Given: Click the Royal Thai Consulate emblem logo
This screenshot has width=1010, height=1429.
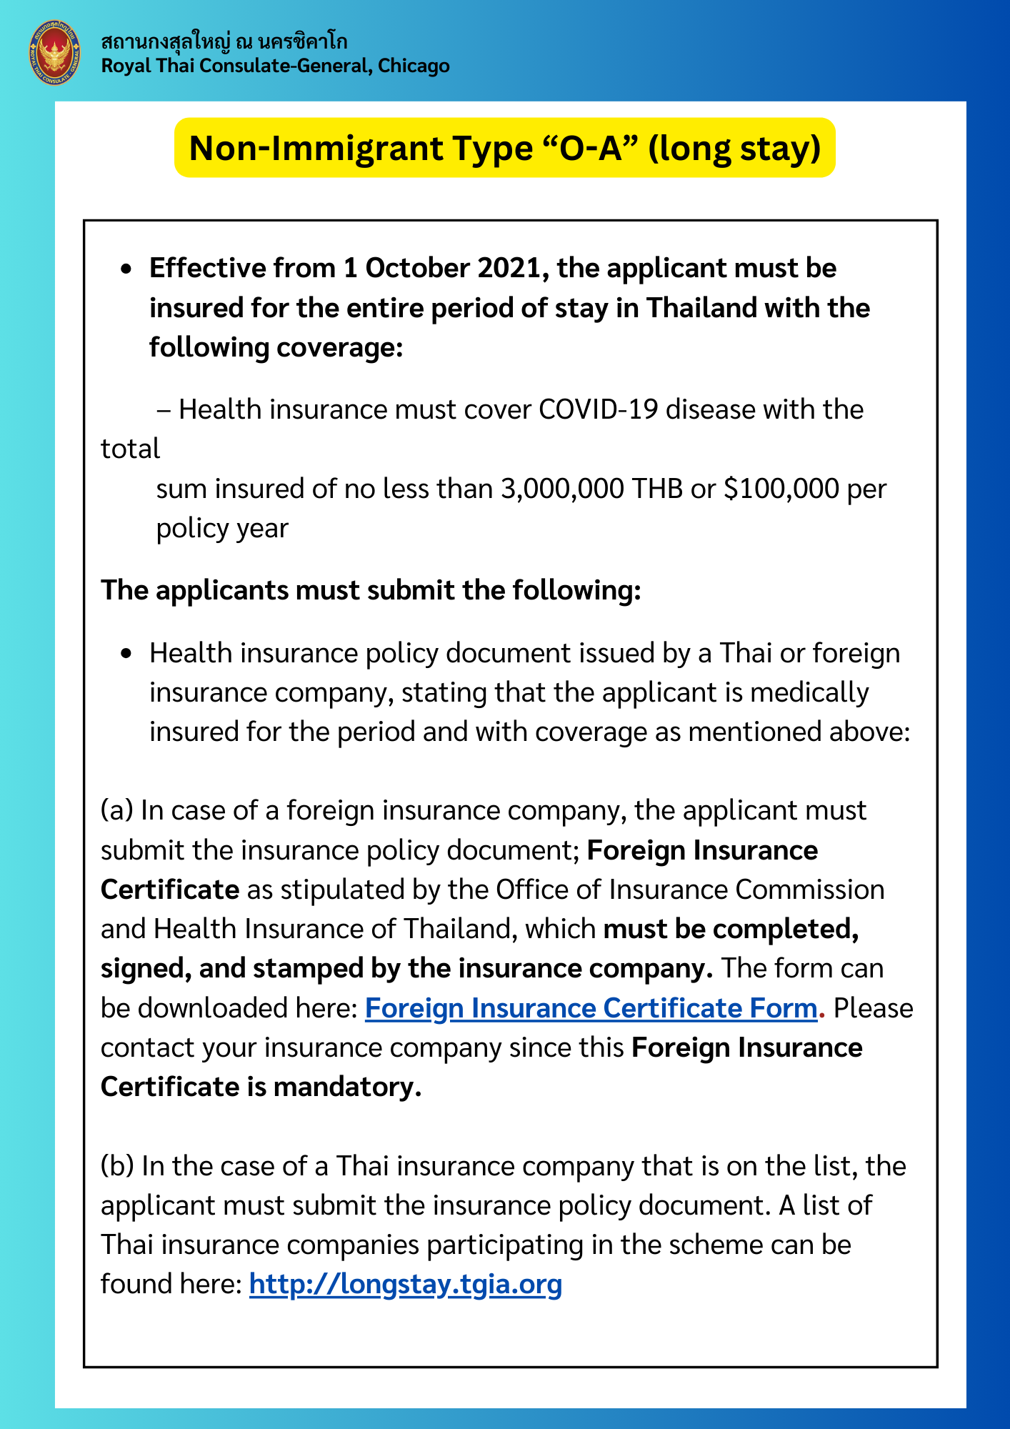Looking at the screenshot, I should click(x=55, y=54).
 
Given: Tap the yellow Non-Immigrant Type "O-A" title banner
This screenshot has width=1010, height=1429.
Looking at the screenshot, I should click(x=504, y=148).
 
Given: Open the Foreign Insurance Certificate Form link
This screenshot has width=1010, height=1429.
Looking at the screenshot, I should click(x=591, y=1008).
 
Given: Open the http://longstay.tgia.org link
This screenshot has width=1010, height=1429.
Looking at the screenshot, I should click(x=405, y=1284).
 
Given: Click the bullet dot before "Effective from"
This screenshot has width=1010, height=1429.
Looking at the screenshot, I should click(x=126, y=269).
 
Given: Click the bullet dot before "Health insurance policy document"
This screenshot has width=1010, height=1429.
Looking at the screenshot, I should click(x=126, y=654).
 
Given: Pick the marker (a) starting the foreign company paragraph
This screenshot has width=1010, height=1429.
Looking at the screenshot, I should click(x=117, y=811).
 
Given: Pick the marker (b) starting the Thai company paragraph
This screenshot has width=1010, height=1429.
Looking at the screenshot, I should click(x=117, y=1166).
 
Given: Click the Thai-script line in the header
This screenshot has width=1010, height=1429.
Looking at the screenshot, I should click(x=224, y=41).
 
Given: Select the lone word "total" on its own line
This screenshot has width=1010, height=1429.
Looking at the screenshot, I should click(x=130, y=449).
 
